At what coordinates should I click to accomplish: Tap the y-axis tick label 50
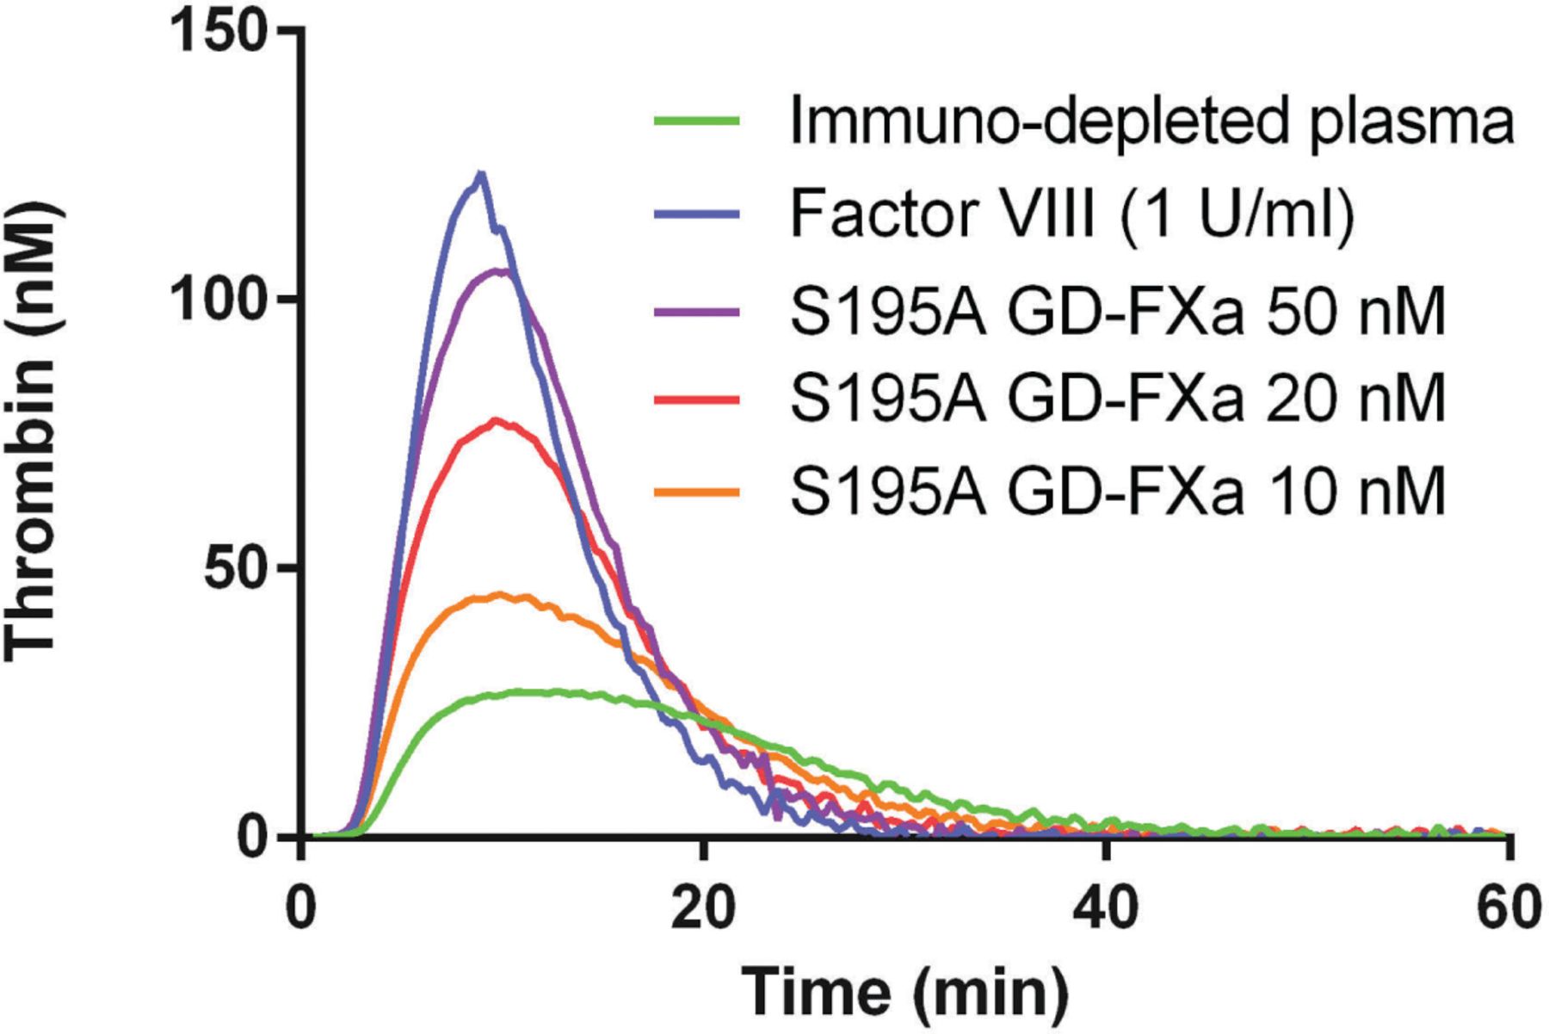click(x=237, y=569)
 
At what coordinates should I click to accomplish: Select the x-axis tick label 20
click(x=704, y=910)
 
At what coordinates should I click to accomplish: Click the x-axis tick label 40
click(x=1106, y=910)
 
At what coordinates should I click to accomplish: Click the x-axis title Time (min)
click(x=904, y=991)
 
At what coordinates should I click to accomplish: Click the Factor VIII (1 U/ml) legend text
click(x=1072, y=214)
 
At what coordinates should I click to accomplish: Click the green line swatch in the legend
click(x=697, y=121)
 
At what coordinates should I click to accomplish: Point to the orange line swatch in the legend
click(x=697, y=492)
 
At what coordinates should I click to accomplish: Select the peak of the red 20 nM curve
click(x=497, y=420)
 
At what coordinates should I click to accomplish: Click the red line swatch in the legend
click(x=697, y=399)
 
